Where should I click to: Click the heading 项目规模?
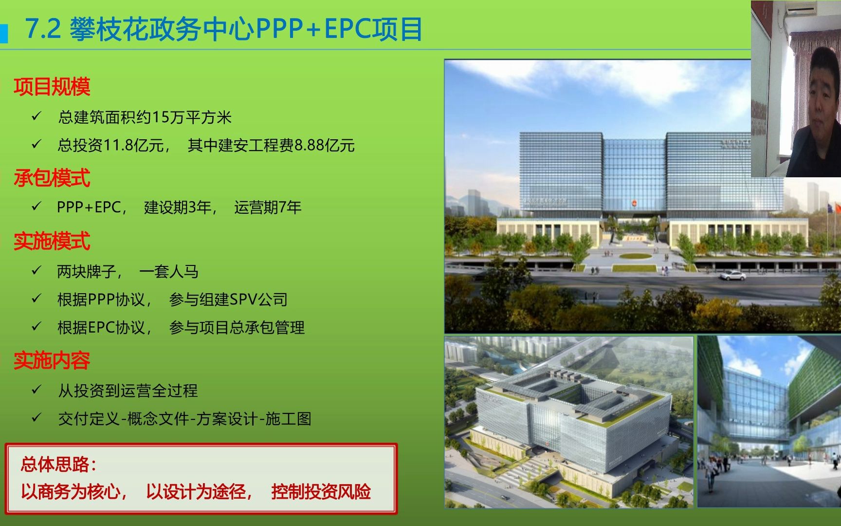coord(52,87)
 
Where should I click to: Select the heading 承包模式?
coord(52,178)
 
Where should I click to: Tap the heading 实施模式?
coord(52,241)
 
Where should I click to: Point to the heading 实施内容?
coord(52,360)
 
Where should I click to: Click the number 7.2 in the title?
coord(43,29)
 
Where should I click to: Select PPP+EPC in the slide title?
coord(313,29)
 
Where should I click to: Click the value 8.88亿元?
coord(325,145)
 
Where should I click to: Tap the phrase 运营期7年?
coord(268,207)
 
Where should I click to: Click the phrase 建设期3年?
coord(178,207)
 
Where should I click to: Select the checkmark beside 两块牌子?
coord(37,270)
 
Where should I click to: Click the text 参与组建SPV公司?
coord(228,299)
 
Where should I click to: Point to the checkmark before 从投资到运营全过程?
coord(37,390)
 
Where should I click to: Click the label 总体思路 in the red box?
coord(57,464)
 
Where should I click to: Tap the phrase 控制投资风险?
coord(321,491)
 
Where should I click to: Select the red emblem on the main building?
coord(635,203)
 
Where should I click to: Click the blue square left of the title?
coord(4,33)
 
